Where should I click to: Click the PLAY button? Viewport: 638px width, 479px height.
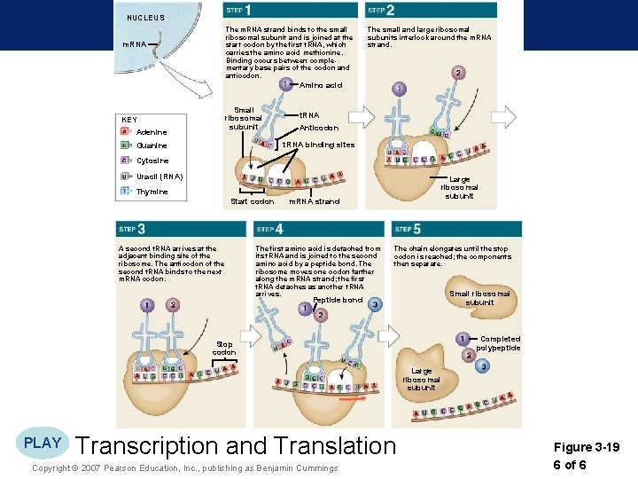point(43,443)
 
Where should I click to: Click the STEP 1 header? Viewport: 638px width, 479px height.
point(238,10)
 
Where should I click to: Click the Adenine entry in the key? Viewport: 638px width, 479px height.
point(152,132)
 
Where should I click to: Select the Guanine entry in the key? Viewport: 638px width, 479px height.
point(152,145)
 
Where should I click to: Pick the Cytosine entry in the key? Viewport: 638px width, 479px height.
point(152,161)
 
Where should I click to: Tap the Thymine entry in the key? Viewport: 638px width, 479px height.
point(152,192)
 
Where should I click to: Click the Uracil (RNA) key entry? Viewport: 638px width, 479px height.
point(159,177)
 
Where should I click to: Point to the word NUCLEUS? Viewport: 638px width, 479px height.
point(145,18)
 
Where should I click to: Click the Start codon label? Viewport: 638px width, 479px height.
point(252,201)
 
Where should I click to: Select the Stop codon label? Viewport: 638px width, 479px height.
point(223,348)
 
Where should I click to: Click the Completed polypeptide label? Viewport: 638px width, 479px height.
point(500,343)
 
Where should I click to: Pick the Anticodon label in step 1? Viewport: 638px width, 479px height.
point(319,128)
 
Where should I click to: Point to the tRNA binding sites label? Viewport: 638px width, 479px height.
point(318,145)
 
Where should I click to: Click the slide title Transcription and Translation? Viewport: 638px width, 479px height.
point(236,445)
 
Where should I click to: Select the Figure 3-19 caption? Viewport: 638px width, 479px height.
point(586,448)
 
